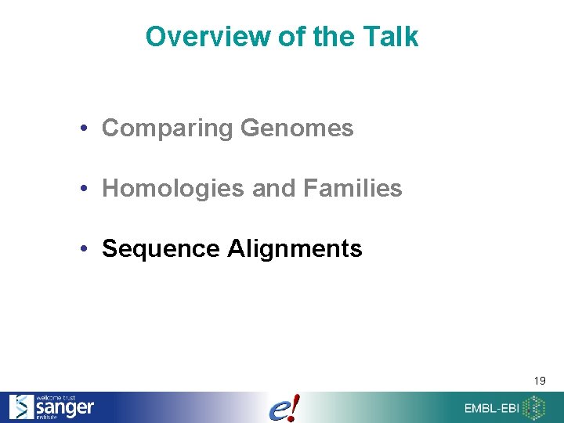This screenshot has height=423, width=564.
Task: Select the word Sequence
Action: tap(161, 248)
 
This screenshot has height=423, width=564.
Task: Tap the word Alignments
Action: tap(295, 248)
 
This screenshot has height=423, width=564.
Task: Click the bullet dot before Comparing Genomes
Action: tap(92, 129)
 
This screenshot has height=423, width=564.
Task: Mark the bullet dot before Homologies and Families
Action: tap(92, 189)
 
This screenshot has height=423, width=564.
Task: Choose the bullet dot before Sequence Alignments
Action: tap(92, 249)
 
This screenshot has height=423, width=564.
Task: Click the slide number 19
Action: tap(540, 381)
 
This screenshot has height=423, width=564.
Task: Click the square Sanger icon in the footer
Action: tap(21, 407)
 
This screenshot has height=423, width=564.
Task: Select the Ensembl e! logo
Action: tap(283, 407)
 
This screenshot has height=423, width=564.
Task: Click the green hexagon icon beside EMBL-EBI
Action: tap(535, 407)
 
